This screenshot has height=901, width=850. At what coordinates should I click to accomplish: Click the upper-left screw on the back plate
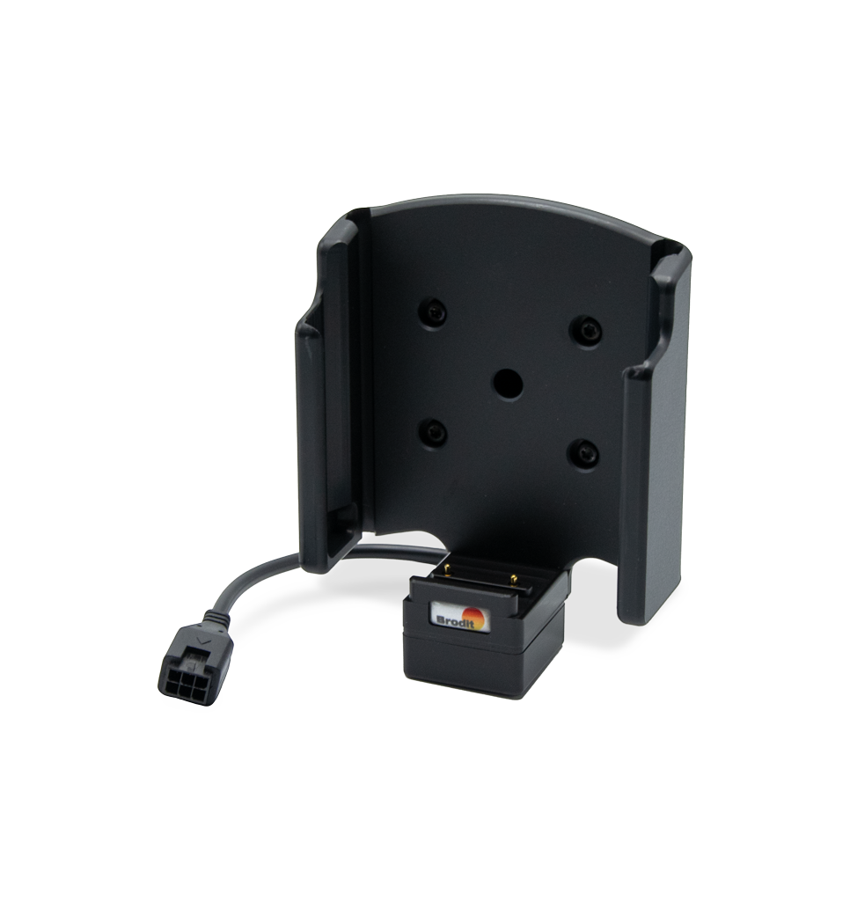pos(433,314)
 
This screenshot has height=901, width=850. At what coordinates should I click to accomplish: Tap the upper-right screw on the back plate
pos(586,331)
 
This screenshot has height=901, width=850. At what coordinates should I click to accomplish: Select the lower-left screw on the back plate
pos(433,433)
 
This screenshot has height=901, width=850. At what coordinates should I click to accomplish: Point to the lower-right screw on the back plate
pos(583,454)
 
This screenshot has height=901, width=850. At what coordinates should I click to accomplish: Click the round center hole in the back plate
pos(508,384)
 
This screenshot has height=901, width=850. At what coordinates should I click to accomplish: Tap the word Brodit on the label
pos(452,621)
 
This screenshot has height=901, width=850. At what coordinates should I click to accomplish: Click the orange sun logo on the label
pos(475,618)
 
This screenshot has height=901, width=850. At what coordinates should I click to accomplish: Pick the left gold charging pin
pos(447,570)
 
